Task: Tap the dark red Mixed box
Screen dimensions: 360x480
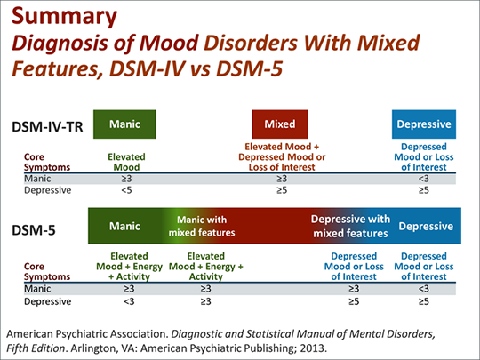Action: point(280,124)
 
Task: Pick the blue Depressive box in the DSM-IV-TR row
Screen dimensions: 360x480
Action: point(424,124)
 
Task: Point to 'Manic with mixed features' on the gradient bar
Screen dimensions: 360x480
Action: point(202,226)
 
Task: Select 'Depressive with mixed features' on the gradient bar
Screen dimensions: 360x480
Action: point(350,226)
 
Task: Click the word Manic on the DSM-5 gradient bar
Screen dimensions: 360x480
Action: point(124,226)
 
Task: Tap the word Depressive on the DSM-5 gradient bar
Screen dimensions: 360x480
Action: point(425,226)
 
